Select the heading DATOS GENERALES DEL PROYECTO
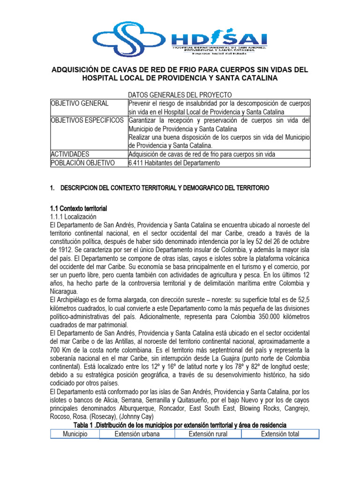coord(180,95)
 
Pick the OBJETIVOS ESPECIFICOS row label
coord(87,120)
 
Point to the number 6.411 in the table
coord(137,163)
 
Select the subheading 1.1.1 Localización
coord(73,217)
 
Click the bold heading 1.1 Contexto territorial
coord(79,208)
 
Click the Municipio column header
coord(75,434)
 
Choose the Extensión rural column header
coord(208,434)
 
